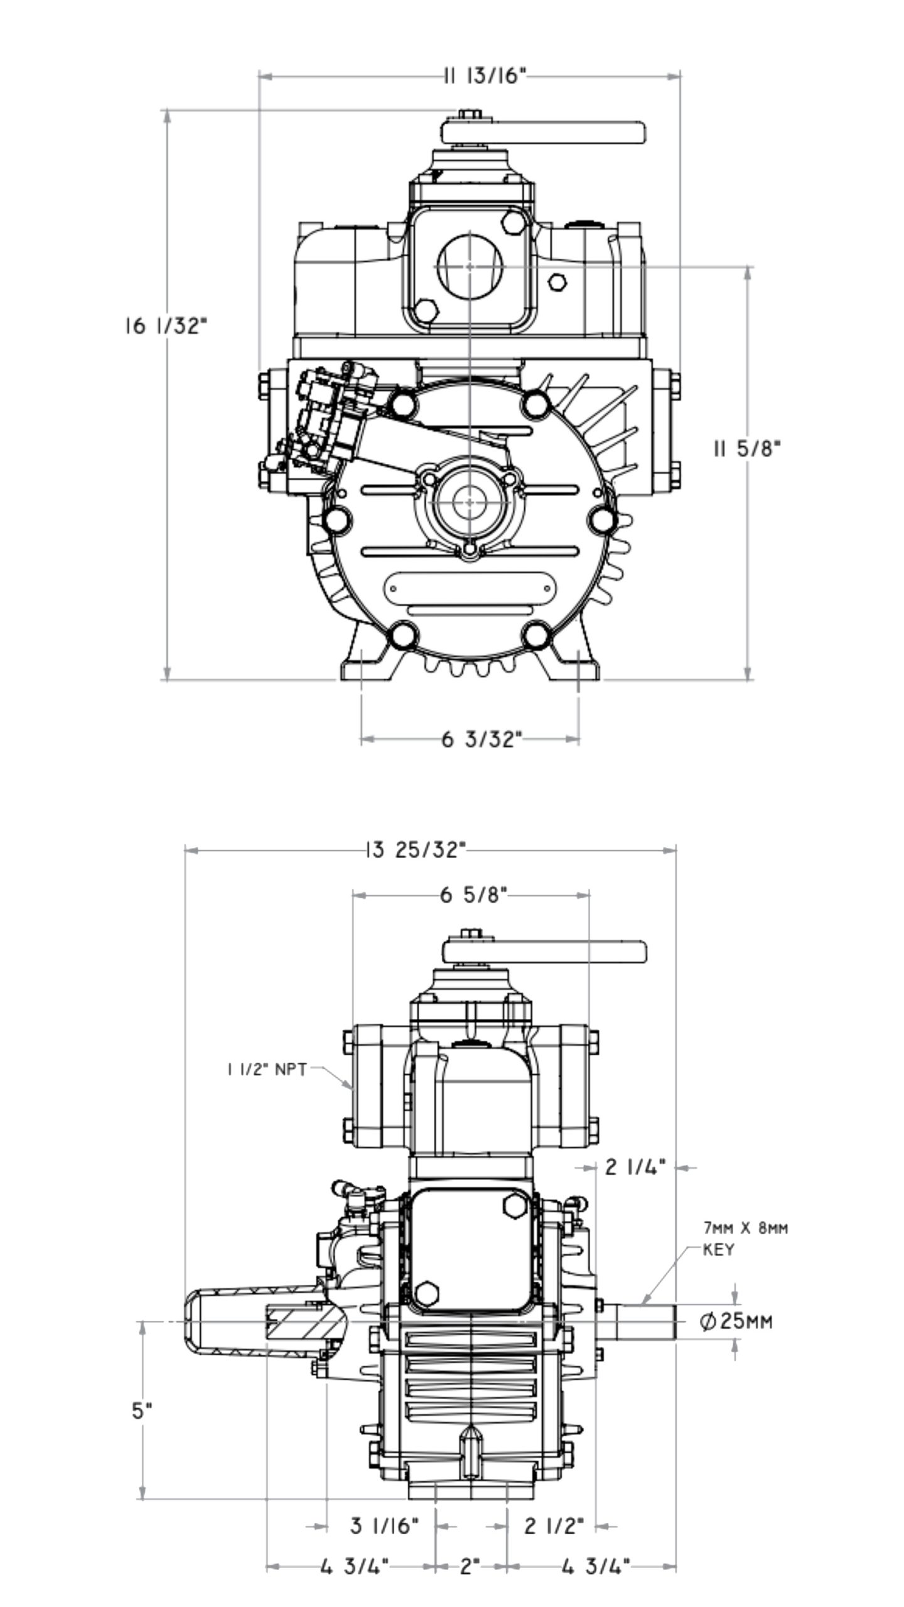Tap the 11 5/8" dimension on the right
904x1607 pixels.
(x=747, y=448)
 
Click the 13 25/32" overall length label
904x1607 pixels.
(x=415, y=850)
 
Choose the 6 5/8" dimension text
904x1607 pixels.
(x=473, y=895)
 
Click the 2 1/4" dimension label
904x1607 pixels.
(x=635, y=1167)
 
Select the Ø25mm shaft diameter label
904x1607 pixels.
(x=736, y=1322)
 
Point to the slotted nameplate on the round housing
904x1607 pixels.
(x=469, y=588)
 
